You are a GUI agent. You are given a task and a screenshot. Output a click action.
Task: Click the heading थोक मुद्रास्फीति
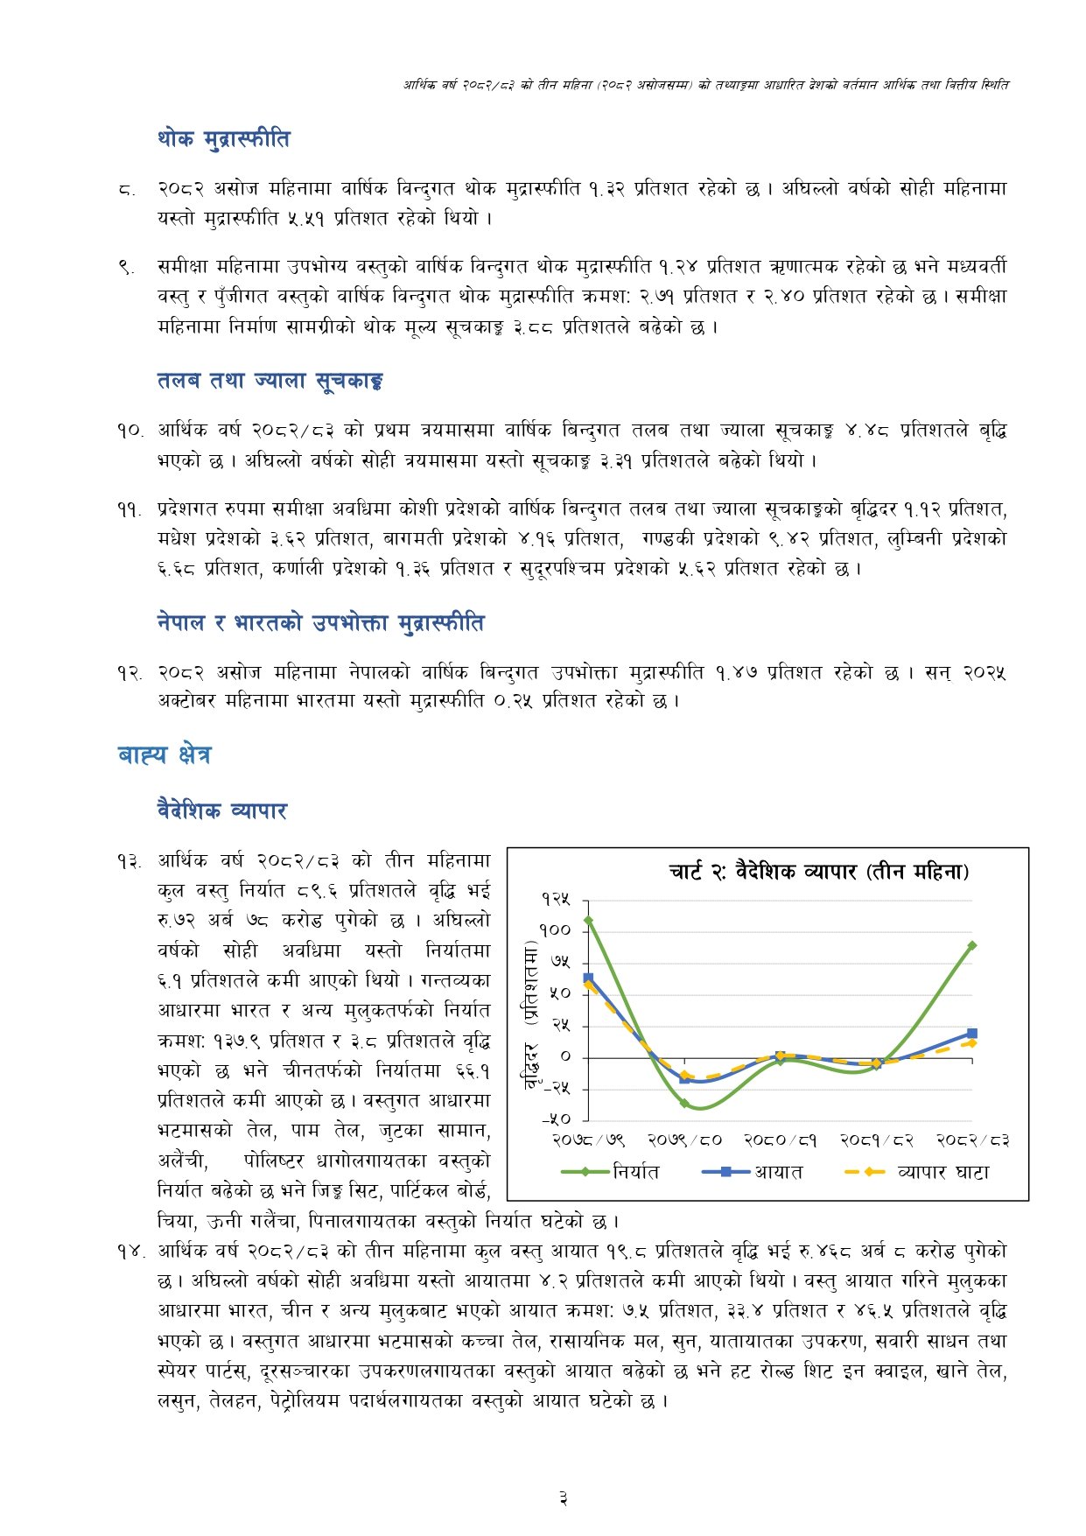click(223, 139)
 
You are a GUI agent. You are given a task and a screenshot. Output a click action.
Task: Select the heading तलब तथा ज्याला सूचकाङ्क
click(270, 381)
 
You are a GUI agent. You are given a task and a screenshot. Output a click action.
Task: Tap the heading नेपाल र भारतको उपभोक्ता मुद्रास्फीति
click(320, 623)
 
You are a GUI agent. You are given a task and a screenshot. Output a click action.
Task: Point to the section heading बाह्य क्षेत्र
click(165, 754)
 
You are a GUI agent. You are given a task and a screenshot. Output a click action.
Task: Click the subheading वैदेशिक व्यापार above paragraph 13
click(222, 810)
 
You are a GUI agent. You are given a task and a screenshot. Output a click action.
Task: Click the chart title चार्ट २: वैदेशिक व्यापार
click(818, 872)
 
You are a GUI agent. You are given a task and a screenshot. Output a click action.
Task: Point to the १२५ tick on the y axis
click(556, 900)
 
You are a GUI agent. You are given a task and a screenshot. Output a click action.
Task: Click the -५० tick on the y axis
click(556, 1119)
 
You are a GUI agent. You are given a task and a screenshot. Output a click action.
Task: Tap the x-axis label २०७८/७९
click(588, 1140)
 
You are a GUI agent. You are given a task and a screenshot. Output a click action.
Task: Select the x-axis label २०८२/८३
click(972, 1140)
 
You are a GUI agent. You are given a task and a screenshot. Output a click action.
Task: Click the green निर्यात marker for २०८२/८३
click(972, 945)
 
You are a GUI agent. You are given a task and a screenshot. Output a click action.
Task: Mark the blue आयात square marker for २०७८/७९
click(588, 978)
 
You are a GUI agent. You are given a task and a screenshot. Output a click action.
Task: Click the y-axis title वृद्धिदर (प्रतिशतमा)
click(530, 1015)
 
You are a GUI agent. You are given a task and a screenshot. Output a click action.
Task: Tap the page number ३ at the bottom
click(563, 1499)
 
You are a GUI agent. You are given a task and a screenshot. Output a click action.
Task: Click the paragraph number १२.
click(130, 673)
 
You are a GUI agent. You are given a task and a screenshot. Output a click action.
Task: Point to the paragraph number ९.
click(127, 267)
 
